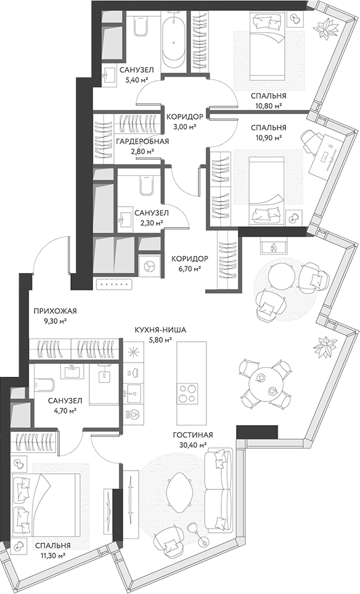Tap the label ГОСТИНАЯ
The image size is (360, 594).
[x=193, y=434]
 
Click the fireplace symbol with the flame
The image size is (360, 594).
[x=272, y=247]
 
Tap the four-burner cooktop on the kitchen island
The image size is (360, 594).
[x=187, y=391]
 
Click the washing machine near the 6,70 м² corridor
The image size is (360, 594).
[x=149, y=264]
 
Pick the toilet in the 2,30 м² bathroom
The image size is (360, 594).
[x=145, y=186]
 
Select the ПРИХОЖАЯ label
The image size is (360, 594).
[x=51, y=311]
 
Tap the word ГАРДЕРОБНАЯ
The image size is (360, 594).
[x=142, y=142]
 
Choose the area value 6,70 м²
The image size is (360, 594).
[x=189, y=268]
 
